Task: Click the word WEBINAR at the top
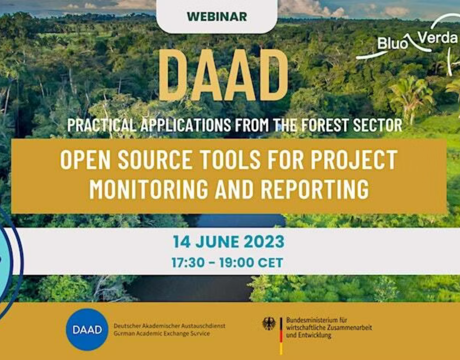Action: point(217,17)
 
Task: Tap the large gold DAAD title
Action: point(223,76)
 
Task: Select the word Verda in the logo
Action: point(438,38)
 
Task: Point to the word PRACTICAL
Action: point(102,125)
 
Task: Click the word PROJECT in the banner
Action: point(354,160)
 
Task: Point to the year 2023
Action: point(264,242)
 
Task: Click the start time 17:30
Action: point(188,262)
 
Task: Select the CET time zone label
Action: point(271,262)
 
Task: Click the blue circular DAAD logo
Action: point(87,330)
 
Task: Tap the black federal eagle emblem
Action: point(269,324)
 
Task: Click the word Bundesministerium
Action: point(312,320)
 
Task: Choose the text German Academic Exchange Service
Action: point(162,333)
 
